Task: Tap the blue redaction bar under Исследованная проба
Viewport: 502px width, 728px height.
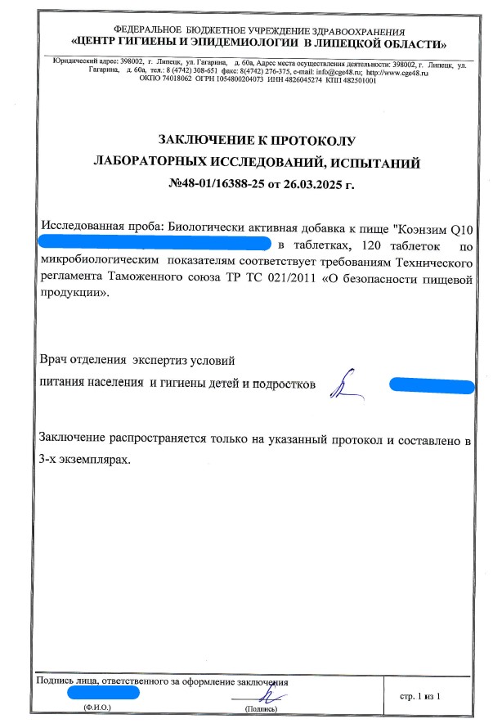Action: (x=155, y=244)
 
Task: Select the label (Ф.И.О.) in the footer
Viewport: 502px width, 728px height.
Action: (x=96, y=708)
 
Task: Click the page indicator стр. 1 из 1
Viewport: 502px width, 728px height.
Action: (x=420, y=696)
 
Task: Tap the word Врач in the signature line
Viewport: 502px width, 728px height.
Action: (x=55, y=359)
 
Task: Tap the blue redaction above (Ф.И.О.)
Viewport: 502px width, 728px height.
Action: (x=104, y=693)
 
